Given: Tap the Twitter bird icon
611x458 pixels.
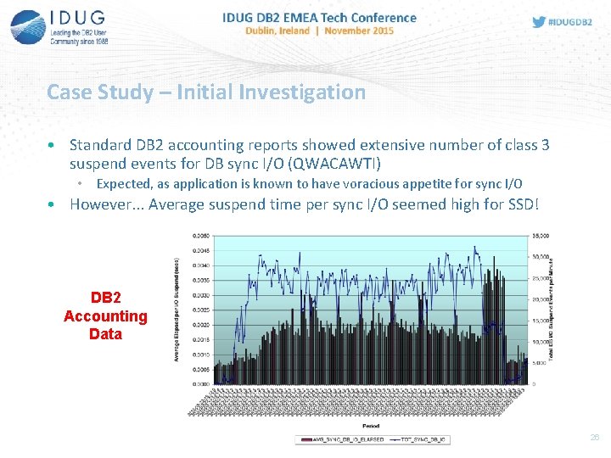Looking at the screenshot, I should coord(539,22).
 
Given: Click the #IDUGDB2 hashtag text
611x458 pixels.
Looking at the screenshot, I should coord(572,22).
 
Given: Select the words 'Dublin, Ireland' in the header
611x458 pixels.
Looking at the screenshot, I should coord(277,31).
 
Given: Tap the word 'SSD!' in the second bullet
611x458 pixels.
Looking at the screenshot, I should coord(520,204).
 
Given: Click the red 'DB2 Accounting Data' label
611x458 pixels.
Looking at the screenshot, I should coord(105,316).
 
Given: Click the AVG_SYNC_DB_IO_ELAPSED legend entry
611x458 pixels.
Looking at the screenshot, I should coord(339,439).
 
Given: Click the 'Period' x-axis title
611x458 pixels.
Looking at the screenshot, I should coord(371,426).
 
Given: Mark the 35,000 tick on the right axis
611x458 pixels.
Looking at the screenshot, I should coord(540,236).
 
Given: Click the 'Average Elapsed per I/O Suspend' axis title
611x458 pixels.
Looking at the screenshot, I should coord(177,310).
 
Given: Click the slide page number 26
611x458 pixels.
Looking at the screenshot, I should coord(593,437).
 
